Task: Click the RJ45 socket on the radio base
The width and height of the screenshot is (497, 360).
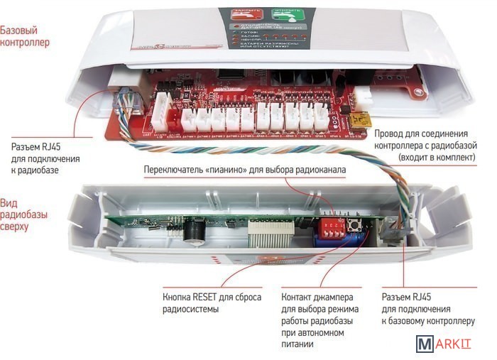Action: (394, 229)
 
